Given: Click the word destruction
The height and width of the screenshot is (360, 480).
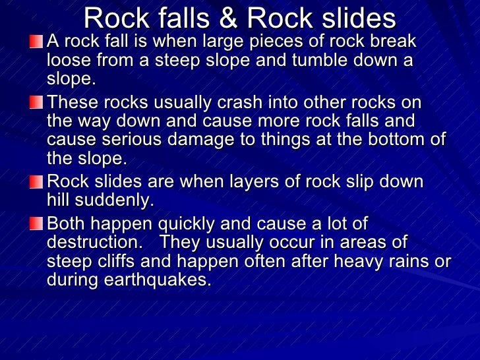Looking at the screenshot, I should click(x=93, y=242).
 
